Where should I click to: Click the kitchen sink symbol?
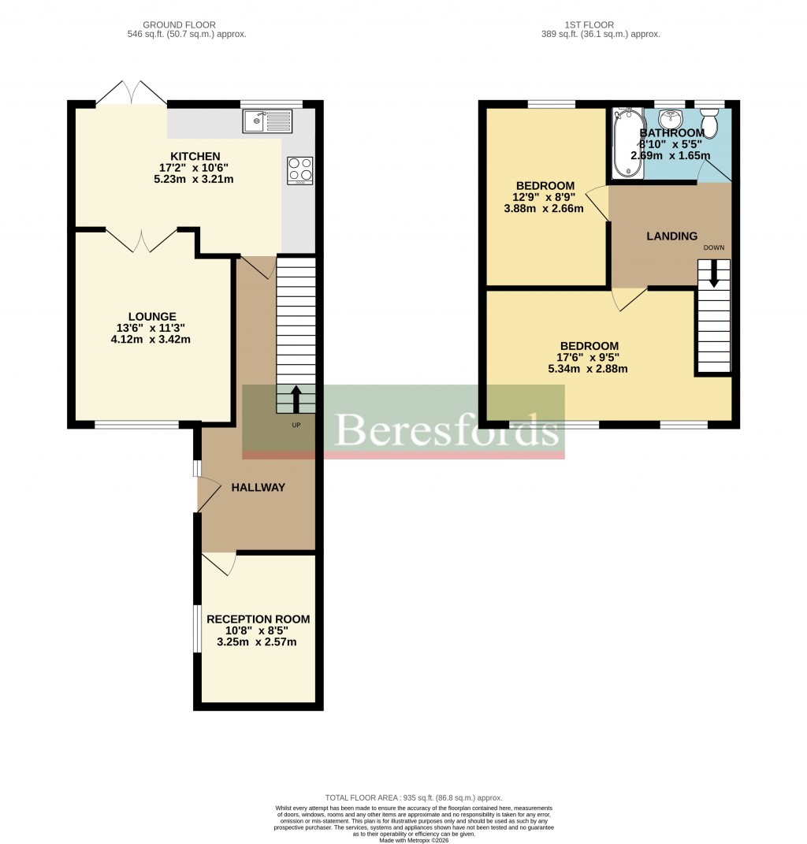(268, 121)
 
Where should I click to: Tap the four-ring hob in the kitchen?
(300, 170)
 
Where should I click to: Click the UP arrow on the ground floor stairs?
(296, 399)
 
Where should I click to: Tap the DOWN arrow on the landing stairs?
(714, 273)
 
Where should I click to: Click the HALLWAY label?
(258, 488)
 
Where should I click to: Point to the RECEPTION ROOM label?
(258, 619)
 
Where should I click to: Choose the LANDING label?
(671, 236)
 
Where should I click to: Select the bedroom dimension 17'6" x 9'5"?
(589, 357)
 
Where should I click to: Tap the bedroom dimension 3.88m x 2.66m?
(545, 209)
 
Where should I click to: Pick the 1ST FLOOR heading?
(589, 25)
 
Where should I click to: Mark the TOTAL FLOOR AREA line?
(413, 798)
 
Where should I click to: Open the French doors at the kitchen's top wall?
(132, 94)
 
